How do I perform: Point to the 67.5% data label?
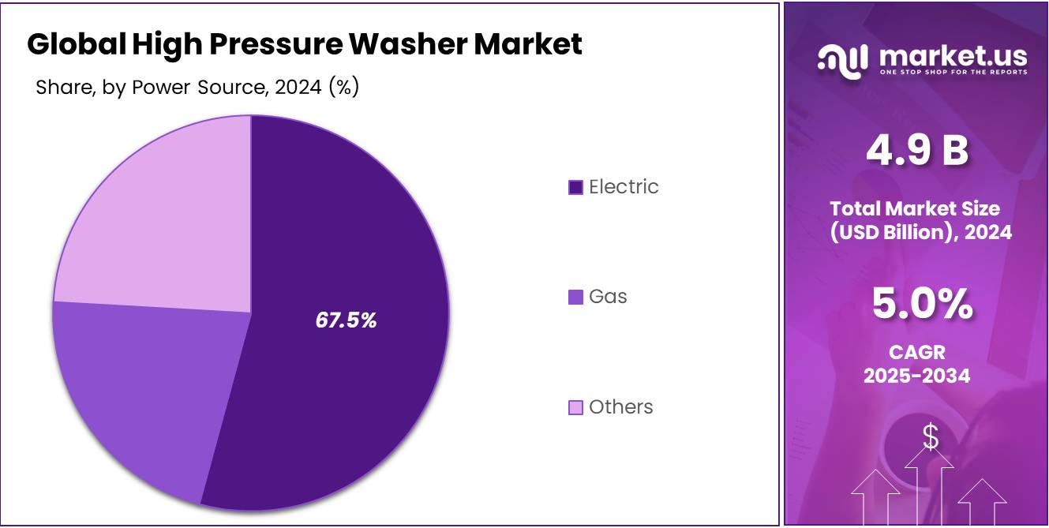click(346, 320)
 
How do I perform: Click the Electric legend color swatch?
click(575, 187)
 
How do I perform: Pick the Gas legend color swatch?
click(575, 297)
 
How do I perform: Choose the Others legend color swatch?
click(575, 407)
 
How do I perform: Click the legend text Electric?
click(624, 187)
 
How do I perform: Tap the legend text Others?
click(621, 407)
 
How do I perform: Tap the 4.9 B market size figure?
click(917, 150)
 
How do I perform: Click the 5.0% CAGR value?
click(922, 305)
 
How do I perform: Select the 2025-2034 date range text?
click(916, 376)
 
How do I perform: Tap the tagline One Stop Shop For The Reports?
click(953, 73)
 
